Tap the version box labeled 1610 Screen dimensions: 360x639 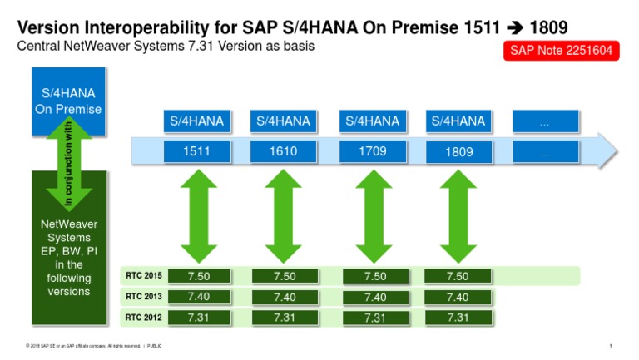tap(283, 152)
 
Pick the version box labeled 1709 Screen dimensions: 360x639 tap(373, 152)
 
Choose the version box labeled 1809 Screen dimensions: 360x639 tap(458, 152)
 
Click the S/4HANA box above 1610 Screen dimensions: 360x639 tap(283, 121)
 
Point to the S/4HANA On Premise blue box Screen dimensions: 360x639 tap(68, 100)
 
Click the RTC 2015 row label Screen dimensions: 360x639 tap(143, 276)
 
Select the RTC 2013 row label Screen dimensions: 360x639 tap(143, 297)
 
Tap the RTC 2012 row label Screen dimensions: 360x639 tap(143, 317)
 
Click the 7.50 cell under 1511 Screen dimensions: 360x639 tap(197, 276)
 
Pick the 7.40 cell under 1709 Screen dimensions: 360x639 tap(374, 297)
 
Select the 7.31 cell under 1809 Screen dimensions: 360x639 tap(458, 317)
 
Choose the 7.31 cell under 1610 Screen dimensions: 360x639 tap(285, 317)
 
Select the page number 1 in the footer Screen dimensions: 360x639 tap(611, 346)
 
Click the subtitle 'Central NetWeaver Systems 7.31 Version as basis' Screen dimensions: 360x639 tap(166, 47)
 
